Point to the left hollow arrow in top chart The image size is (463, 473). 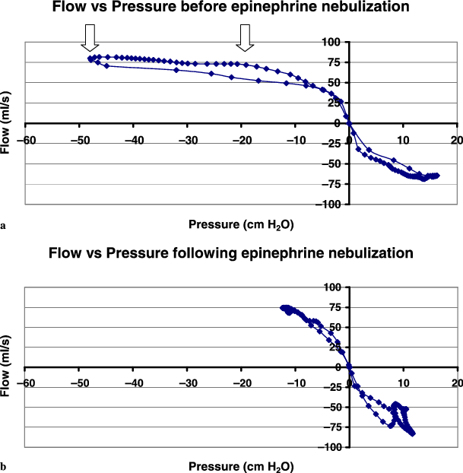pos(90,36)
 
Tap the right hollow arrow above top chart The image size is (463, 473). pos(244,36)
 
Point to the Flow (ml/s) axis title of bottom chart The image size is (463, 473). pos(7,367)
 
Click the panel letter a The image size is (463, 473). pos(5,226)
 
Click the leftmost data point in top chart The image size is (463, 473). pos(90,59)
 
